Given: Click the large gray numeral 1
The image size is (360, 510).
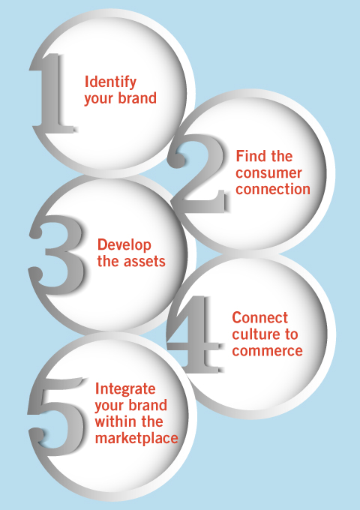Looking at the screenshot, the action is click(52, 94).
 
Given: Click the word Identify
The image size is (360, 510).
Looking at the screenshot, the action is click(110, 82).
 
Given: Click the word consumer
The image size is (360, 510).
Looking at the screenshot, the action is click(269, 173).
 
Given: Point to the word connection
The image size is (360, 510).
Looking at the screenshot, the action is click(273, 190).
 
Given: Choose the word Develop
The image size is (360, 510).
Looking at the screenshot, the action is click(124, 245).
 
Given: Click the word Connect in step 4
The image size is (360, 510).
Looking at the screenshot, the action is click(259, 318).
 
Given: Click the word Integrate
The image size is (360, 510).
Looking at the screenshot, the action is click(125, 389).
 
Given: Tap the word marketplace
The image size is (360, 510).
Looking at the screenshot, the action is click(136, 438).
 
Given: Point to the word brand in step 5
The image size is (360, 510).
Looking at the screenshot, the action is click(148, 405).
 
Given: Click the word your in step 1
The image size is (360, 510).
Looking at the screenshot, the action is click(99, 99).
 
